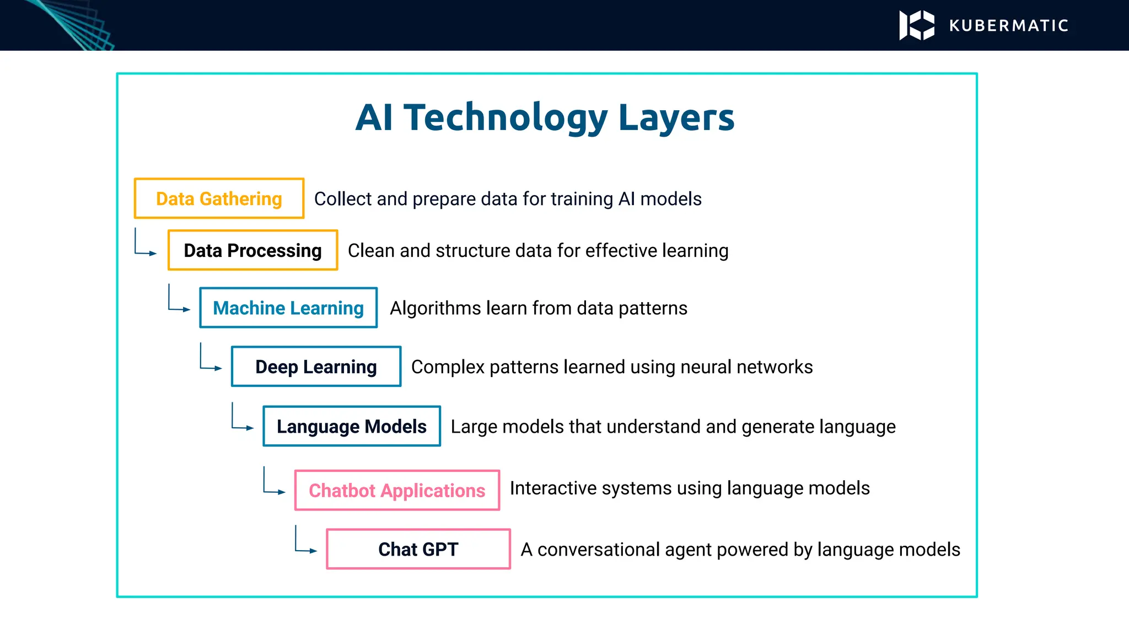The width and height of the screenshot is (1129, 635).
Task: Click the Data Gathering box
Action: [x=219, y=198]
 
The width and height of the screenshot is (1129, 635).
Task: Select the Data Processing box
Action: [x=252, y=250]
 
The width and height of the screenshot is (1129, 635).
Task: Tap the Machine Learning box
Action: [x=288, y=308]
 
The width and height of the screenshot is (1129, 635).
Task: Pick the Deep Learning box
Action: [x=316, y=367]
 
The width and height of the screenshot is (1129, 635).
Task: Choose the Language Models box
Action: [x=352, y=426]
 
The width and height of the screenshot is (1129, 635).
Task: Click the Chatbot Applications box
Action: [x=397, y=490]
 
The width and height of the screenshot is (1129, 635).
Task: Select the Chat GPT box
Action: [x=418, y=549]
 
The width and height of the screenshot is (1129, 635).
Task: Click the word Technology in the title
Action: [x=506, y=118]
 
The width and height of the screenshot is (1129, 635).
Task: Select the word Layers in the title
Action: [x=676, y=118]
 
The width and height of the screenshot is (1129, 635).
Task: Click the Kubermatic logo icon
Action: [x=917, y=25]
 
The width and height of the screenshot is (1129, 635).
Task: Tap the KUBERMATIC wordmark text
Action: [x=1009, y=26]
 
